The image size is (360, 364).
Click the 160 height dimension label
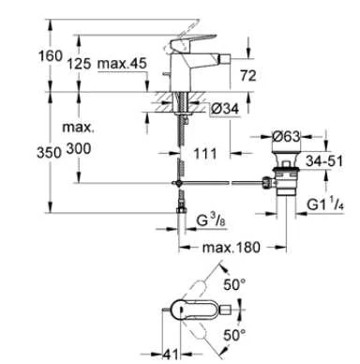[51, 56]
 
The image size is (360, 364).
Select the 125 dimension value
[80, 64]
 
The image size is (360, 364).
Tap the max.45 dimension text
[122, 64]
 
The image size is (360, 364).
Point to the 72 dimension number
[248, 76]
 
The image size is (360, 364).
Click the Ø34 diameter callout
[225, 109]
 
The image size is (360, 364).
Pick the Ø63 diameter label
[286, 136]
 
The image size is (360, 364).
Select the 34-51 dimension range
[324, 161]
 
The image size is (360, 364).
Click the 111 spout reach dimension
[205, 154]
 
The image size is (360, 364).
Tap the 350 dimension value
[49, 153]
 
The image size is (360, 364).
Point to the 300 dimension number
[79, 149]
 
